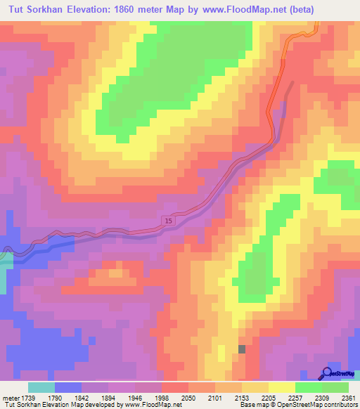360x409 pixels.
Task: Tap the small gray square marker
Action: pyautogui.click(x=243, y=349)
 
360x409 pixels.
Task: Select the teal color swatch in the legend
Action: pyautogui.click(x=41, y=387)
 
